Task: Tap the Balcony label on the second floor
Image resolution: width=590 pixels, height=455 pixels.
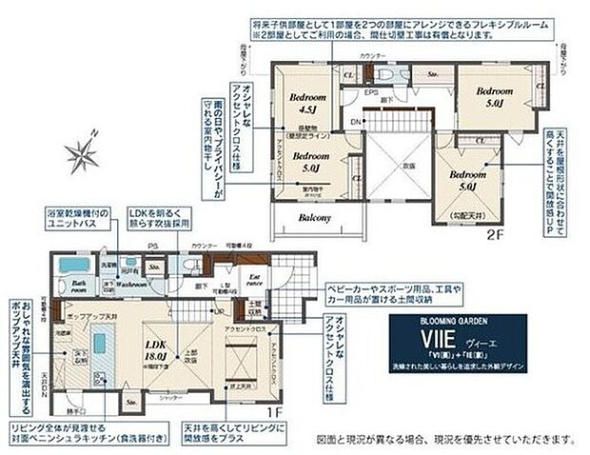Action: coord(314,217)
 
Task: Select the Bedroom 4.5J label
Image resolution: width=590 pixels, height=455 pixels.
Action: coord(309,103)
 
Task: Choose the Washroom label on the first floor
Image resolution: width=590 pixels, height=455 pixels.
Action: coord(131,284)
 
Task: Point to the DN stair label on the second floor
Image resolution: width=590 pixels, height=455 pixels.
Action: coord(355,123)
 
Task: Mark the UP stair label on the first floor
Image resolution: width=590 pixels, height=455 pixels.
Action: coord(221,311)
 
